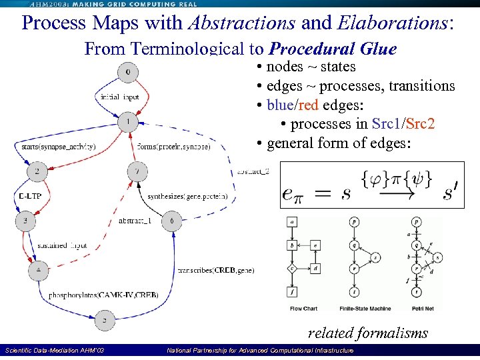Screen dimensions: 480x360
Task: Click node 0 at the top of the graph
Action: coord(128,71)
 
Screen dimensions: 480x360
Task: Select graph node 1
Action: coord(128,123)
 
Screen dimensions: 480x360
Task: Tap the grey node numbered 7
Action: coord(137,171)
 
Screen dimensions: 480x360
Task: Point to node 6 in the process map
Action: coord(172,221)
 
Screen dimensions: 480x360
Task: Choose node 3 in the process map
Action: coord(26,219)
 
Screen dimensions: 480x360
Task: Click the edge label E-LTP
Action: coord(25,197)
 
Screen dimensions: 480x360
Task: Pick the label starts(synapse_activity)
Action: coord(59,147)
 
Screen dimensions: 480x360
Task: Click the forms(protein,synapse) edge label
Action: coord(173,147)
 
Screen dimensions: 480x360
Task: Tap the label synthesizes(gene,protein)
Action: coord(188,197)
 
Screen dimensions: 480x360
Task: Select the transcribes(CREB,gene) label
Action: coord(217,270)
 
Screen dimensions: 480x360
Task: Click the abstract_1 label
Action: coord(135,221)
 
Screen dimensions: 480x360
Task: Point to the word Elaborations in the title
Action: coord(393,23)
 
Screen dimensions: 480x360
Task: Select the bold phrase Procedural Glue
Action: coord(333,49)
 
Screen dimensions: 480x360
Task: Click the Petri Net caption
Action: coord(417,309)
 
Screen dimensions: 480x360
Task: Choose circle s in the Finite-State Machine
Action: coord(375,257)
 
